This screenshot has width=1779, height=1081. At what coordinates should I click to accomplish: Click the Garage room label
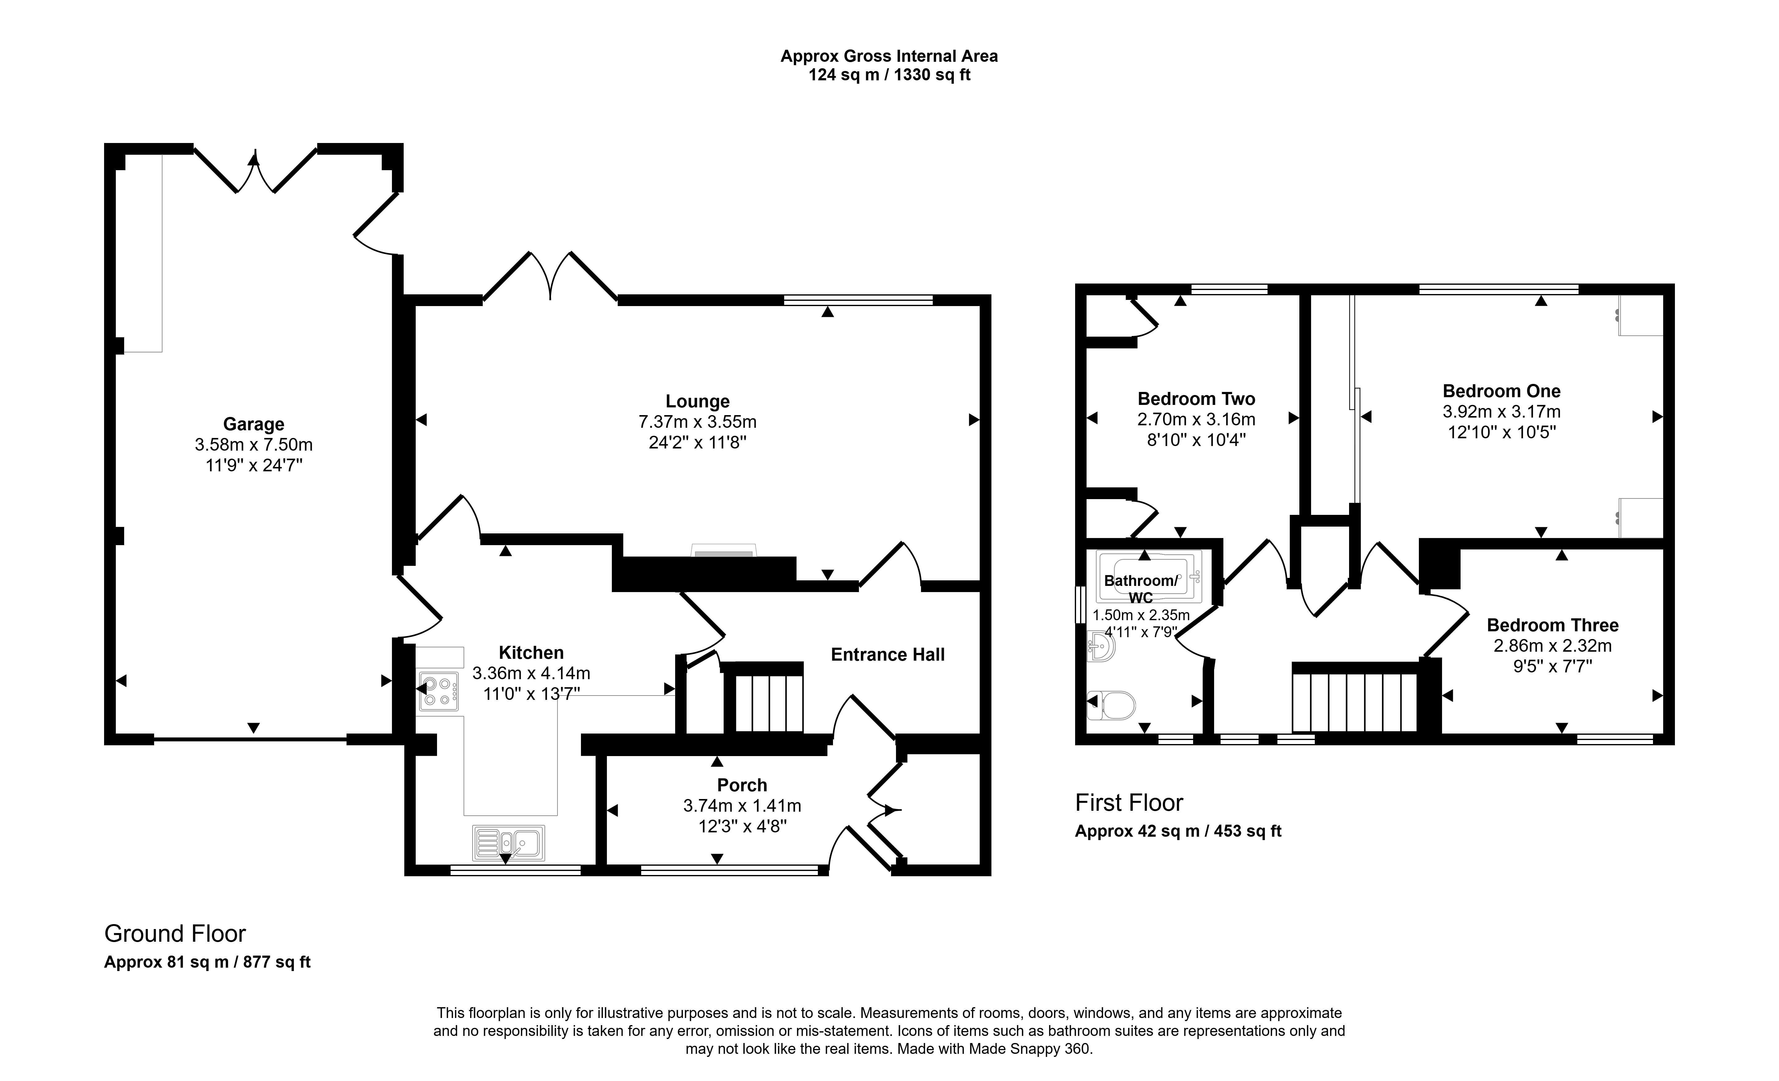(x=254, y=424)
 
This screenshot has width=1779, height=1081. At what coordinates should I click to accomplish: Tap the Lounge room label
(x=697, y=402)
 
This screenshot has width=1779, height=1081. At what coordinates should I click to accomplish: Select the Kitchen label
(x=532, y=653)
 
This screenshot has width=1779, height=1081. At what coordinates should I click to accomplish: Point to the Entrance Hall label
(x=888, y=655)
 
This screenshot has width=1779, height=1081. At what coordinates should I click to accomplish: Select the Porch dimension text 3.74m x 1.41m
(x=742, y=805)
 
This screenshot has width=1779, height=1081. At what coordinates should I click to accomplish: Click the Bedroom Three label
(x=1553, y=625)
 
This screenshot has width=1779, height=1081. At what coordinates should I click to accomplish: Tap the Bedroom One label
(x=1502, y=391)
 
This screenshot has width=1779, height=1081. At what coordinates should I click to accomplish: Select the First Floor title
(x=1129, y=803)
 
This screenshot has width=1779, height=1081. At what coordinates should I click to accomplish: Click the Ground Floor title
(x=175, y=934)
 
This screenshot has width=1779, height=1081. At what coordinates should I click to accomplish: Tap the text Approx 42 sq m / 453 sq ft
(x=1178, y=831)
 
